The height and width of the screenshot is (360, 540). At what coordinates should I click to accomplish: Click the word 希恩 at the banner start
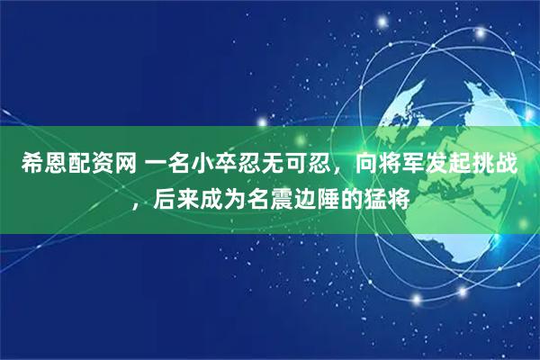point(41,165)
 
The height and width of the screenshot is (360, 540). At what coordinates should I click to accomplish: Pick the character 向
point(368,165)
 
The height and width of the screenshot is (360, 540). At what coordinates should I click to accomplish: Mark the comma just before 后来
point(137,203)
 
